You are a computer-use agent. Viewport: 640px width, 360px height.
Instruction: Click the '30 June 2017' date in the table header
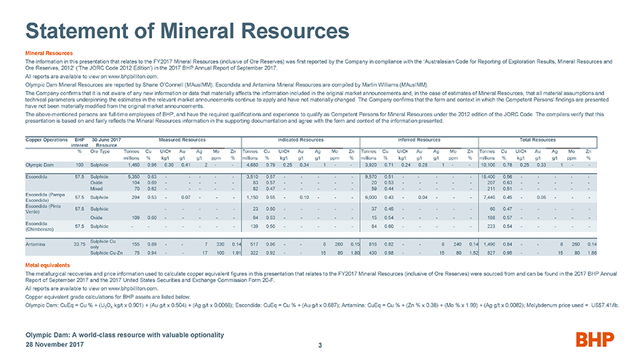click(x=107, y=138)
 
